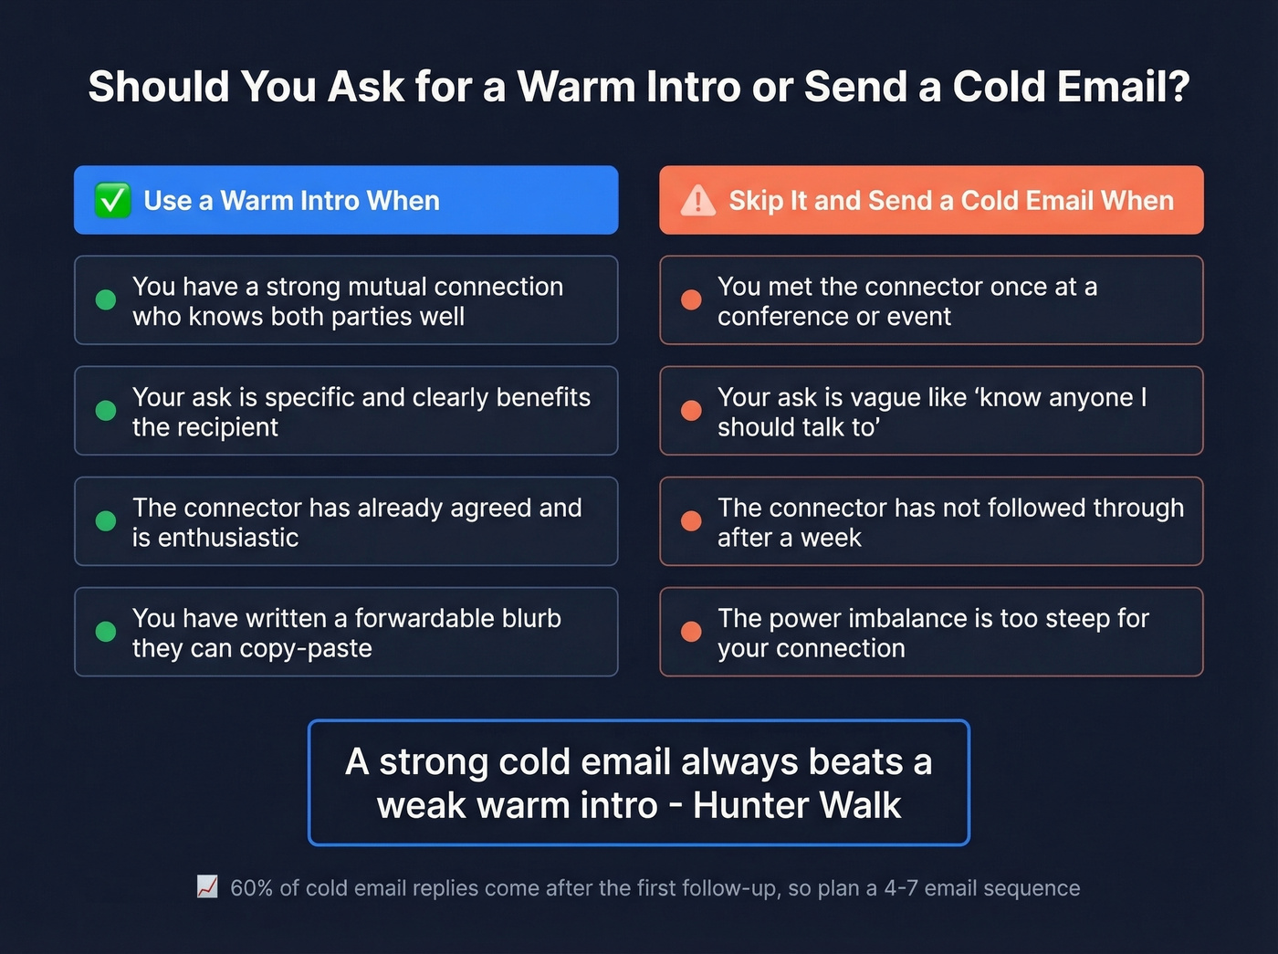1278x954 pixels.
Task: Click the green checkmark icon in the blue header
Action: tap(112, 200)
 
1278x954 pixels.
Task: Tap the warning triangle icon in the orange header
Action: tap(698, 200)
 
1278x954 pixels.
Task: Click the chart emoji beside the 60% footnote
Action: tap(207, 887)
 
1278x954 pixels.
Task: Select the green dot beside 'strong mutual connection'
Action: tap(106, 300)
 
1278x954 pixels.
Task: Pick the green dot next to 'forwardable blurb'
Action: tap(106, 632)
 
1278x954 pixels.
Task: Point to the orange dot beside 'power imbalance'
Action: tap(691, 632)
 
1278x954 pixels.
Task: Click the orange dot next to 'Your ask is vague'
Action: tap(691, 411)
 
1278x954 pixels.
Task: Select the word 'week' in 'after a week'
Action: tap(831, 538)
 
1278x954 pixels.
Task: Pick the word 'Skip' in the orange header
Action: tap(756, 201)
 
